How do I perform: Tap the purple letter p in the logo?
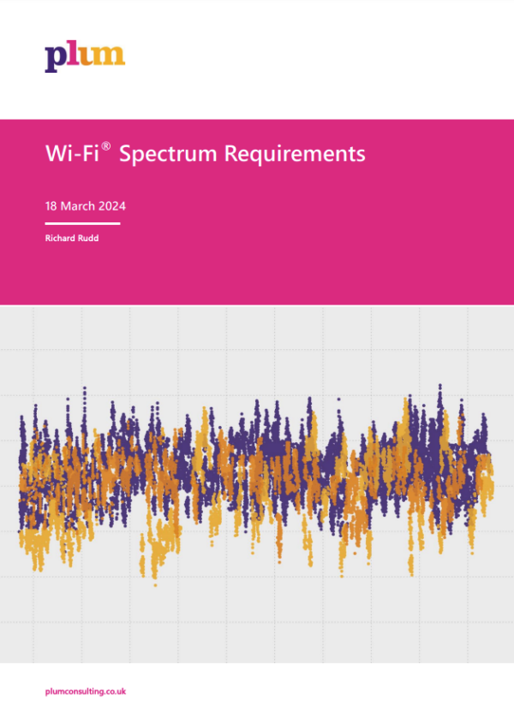[55, 58]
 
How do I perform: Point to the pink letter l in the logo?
[71, 54]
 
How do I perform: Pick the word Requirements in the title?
[295, 155]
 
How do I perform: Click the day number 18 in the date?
[51, 206]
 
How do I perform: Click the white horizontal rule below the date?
[82, 223]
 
